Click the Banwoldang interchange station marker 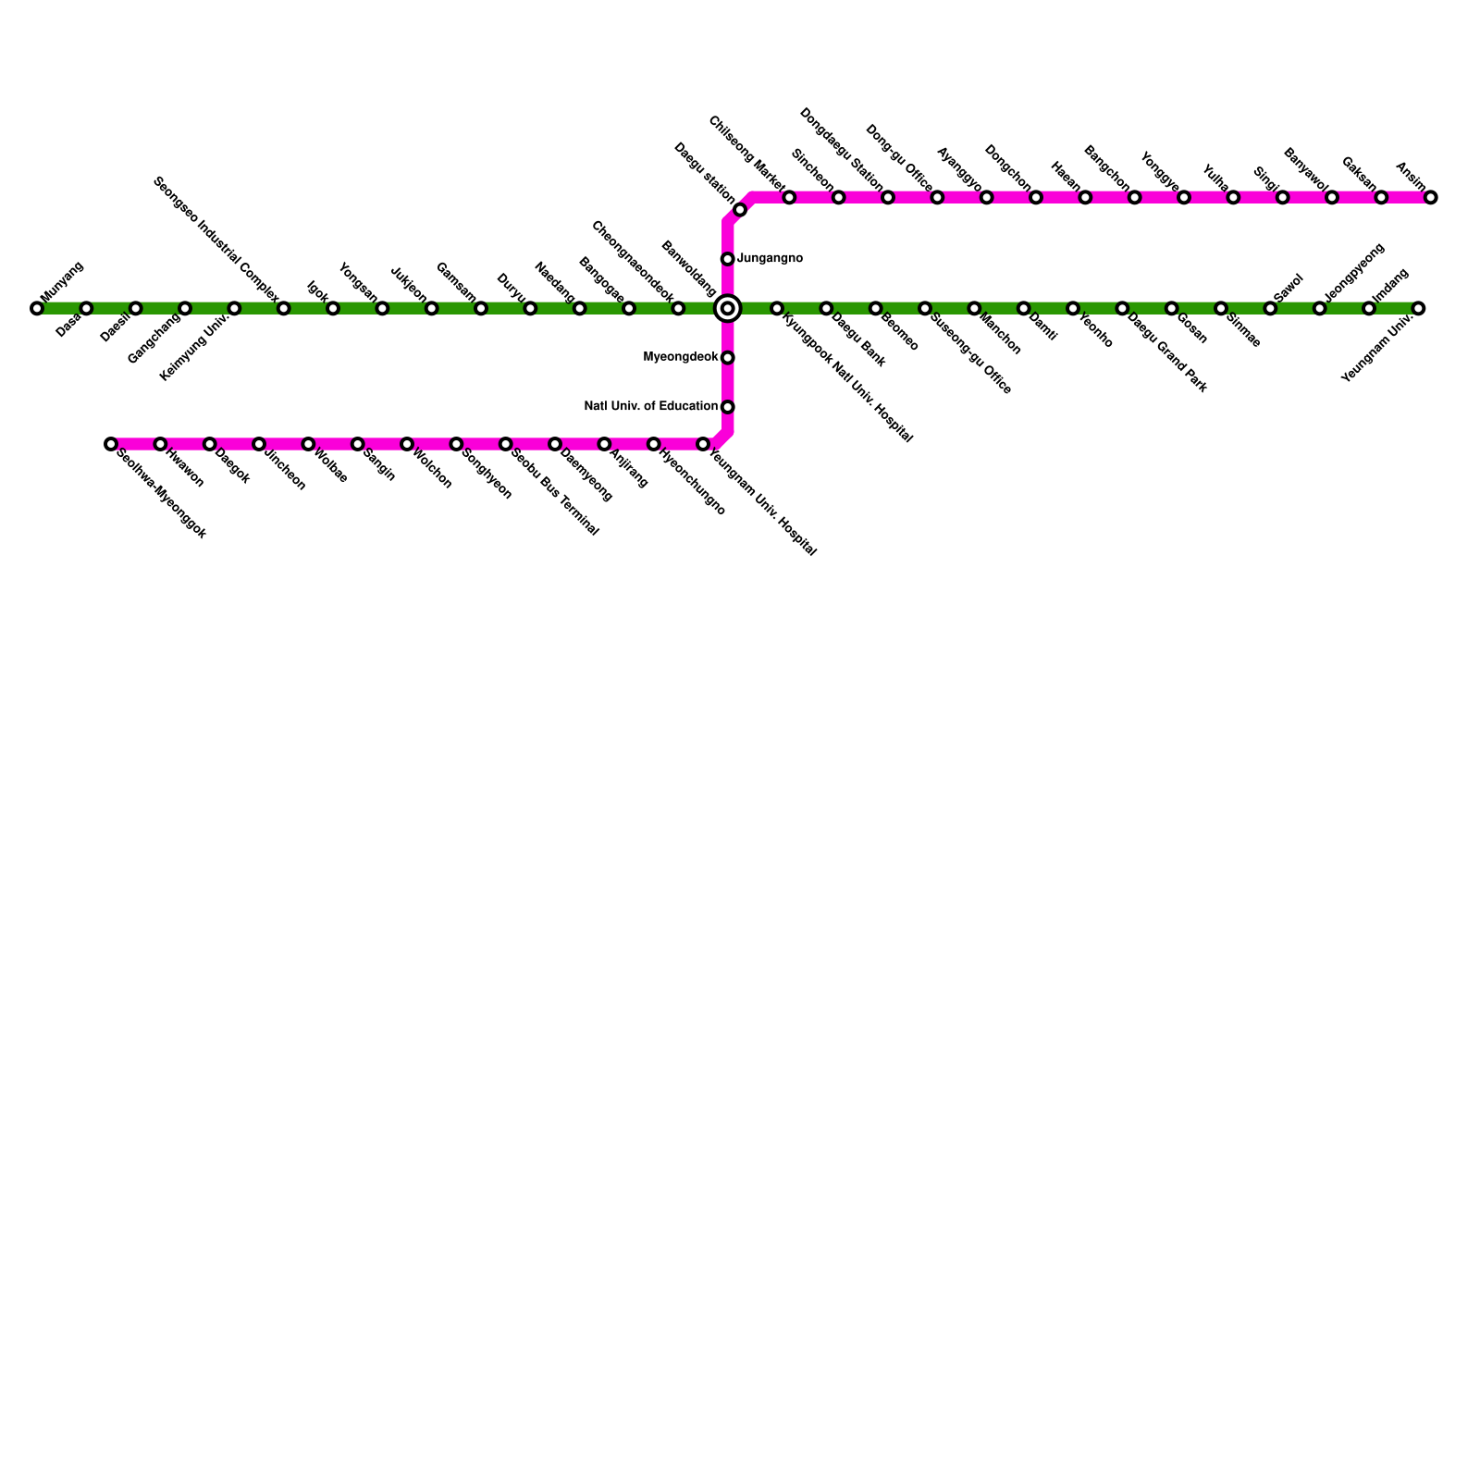(728, 308)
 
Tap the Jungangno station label (770, 259)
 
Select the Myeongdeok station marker (728, 358)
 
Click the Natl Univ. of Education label (651, 406)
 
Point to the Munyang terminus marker (37, 308)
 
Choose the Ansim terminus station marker (1431, 197)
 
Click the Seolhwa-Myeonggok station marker (111, 444)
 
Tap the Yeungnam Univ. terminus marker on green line (1418, 308)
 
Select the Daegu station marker (740, 210)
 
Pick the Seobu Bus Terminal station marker (506, 444)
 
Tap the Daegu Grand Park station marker (1122, 308)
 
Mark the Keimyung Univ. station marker (234, 308)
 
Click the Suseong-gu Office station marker (925, 308)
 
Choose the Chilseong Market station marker (789, 197)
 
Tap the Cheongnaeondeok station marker (678, 308)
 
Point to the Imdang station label (1390, 285)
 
